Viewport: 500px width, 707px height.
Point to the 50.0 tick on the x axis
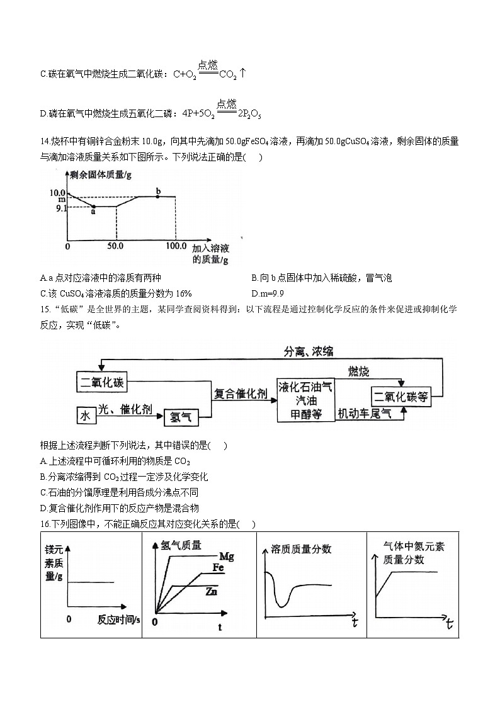116,246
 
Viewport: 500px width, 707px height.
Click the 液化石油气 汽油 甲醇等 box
305,399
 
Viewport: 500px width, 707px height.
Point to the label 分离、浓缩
309,351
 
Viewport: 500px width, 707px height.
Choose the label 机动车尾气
365,414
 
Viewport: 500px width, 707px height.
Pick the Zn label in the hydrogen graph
212,592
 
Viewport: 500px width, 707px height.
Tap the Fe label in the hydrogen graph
218,567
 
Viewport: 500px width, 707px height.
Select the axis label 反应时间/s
119,619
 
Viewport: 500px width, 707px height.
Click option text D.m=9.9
268,293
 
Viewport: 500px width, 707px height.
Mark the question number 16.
45,524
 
